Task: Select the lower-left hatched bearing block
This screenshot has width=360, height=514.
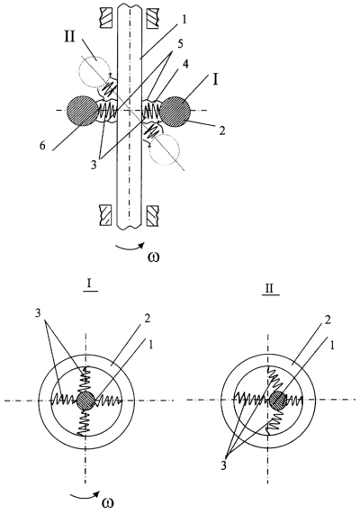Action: [105, 216]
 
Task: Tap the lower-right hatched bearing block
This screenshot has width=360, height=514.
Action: [152, 216]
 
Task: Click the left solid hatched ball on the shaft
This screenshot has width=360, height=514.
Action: [82, 110]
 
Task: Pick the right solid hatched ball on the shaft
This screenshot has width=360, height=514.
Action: [175, 111]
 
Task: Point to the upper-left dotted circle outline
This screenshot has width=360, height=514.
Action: [94, 71]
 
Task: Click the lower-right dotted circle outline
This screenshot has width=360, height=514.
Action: [165, 149]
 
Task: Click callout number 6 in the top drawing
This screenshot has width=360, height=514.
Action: [42, 145]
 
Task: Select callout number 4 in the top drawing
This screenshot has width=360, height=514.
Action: [185, 64]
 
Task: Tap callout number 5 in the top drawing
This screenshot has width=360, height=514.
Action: [181, 44]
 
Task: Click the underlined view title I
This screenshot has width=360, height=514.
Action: [90, 284]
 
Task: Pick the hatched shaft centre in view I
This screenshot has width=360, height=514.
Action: [85, 401]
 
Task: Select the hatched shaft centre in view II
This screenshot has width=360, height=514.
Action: [278, 400]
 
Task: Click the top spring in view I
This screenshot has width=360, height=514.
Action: [85, 379]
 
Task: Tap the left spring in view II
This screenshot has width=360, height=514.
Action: [253, 400]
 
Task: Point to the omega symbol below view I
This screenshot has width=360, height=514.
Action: [109, 503]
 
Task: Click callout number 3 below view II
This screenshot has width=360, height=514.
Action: [224, 465]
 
